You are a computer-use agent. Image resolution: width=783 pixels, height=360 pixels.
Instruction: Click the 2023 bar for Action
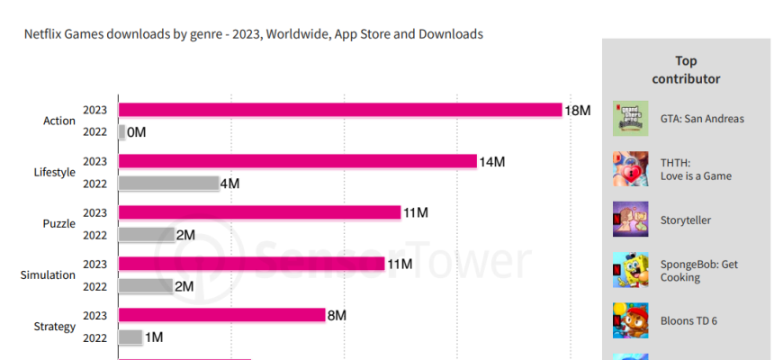click(340, 110)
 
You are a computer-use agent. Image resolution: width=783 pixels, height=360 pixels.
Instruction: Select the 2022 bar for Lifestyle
click(168, 184)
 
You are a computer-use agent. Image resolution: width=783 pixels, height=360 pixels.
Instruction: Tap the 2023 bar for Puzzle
click(259, 212)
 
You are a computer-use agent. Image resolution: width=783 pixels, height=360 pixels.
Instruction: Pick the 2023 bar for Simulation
click(252, 264)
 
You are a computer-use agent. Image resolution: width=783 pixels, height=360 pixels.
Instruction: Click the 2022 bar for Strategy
click(130, 337)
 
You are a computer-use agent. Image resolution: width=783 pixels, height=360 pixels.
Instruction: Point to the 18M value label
click(578, 110)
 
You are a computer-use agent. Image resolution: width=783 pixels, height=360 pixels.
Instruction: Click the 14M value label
click(492, 161)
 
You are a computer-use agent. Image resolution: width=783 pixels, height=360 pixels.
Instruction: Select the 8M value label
click(337, 315)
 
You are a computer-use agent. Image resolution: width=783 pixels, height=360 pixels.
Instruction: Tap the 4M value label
click(229, 184)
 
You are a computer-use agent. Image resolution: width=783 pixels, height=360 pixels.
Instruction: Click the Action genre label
click(59, 121)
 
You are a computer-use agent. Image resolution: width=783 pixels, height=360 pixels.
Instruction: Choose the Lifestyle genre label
click(54, 172)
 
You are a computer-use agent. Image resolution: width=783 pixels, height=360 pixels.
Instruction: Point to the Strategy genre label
click(55, 327)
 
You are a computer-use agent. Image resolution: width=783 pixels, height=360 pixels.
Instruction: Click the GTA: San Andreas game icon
click(631, 118)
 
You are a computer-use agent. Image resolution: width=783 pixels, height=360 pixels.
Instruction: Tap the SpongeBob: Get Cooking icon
click(631, 270)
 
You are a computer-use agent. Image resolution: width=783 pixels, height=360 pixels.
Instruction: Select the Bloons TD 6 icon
click(631, 320)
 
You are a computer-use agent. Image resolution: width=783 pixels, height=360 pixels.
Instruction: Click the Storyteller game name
click(686, 220)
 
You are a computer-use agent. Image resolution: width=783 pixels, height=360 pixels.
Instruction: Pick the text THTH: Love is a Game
click(696, 169)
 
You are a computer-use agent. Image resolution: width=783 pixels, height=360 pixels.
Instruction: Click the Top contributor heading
click(686, 69)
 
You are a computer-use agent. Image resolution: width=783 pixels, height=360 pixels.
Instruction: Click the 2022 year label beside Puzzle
click(95, 235)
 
